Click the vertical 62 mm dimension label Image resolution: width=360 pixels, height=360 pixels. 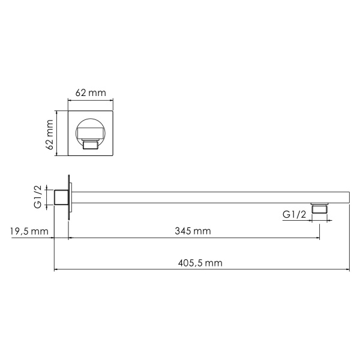coord(50,134)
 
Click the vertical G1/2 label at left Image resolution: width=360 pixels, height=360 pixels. coord(37,197)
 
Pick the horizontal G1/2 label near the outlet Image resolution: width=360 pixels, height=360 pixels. coord(295,214)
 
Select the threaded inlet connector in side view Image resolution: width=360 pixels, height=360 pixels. coord(60,198)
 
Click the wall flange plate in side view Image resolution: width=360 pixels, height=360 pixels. coord(70,197)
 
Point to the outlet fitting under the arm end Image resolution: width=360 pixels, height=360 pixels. coord(319,209)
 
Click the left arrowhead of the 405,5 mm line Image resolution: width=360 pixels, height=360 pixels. coord(56,269)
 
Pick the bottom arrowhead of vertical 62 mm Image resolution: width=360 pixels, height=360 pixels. coord(57,155)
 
